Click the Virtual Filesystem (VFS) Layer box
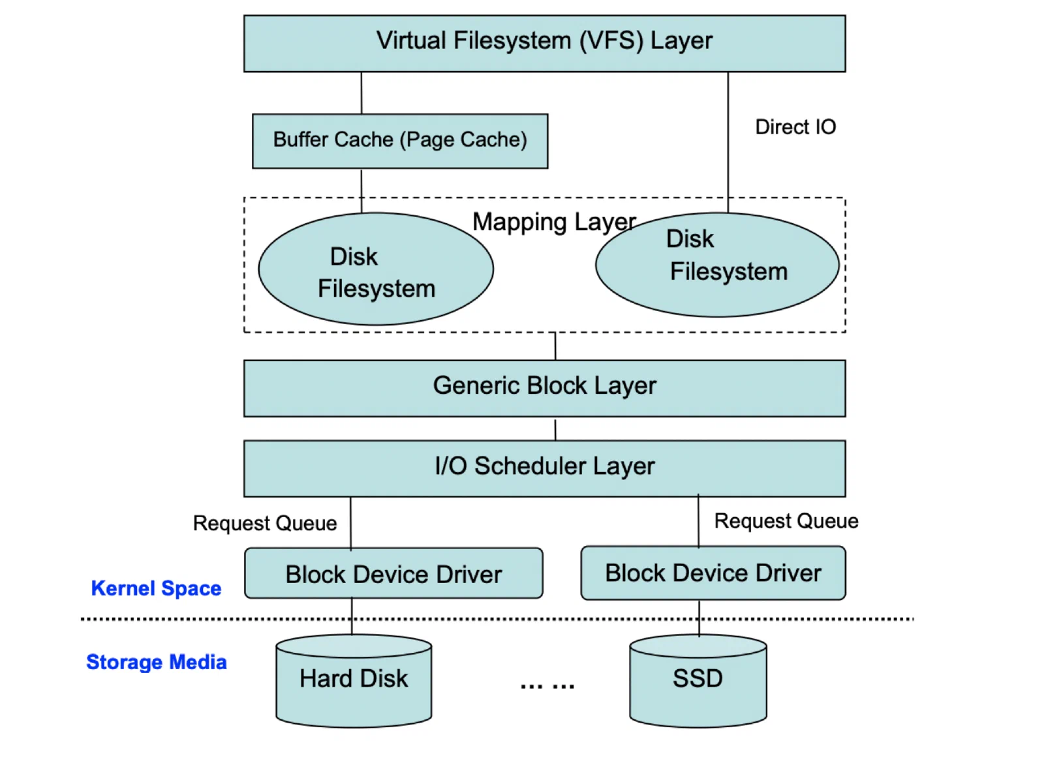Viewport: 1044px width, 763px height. pos(544,43)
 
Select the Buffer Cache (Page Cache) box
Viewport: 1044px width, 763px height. pos(400,141)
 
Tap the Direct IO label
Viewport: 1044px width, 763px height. pos(795,127)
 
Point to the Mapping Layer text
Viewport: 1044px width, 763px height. pos(554,222)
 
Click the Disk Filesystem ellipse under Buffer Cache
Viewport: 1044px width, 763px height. pos(376,269)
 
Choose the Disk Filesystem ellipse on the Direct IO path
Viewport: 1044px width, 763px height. pos(717,265)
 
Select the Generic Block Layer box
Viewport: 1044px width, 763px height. pos(544,388)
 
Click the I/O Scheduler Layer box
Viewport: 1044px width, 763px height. pos(544,468)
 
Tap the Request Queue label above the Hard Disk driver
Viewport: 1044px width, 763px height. pos(265,523)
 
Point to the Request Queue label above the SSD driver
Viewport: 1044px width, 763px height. pos(786,521)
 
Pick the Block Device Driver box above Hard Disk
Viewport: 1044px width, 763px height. pos(394,573)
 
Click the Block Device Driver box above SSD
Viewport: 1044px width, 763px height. pos(713,573)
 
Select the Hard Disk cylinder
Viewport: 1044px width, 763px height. pos(354,681)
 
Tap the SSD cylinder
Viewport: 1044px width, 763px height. pos(698,681)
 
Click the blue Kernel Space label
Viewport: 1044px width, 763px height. pos(156,588)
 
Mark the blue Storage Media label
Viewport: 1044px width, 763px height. pos(157,662)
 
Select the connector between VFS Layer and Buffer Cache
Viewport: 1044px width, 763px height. pos(361,93)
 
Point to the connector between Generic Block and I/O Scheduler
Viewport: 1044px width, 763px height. pos(555,429)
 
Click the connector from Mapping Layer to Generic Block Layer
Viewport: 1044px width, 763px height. pos(555,346)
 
